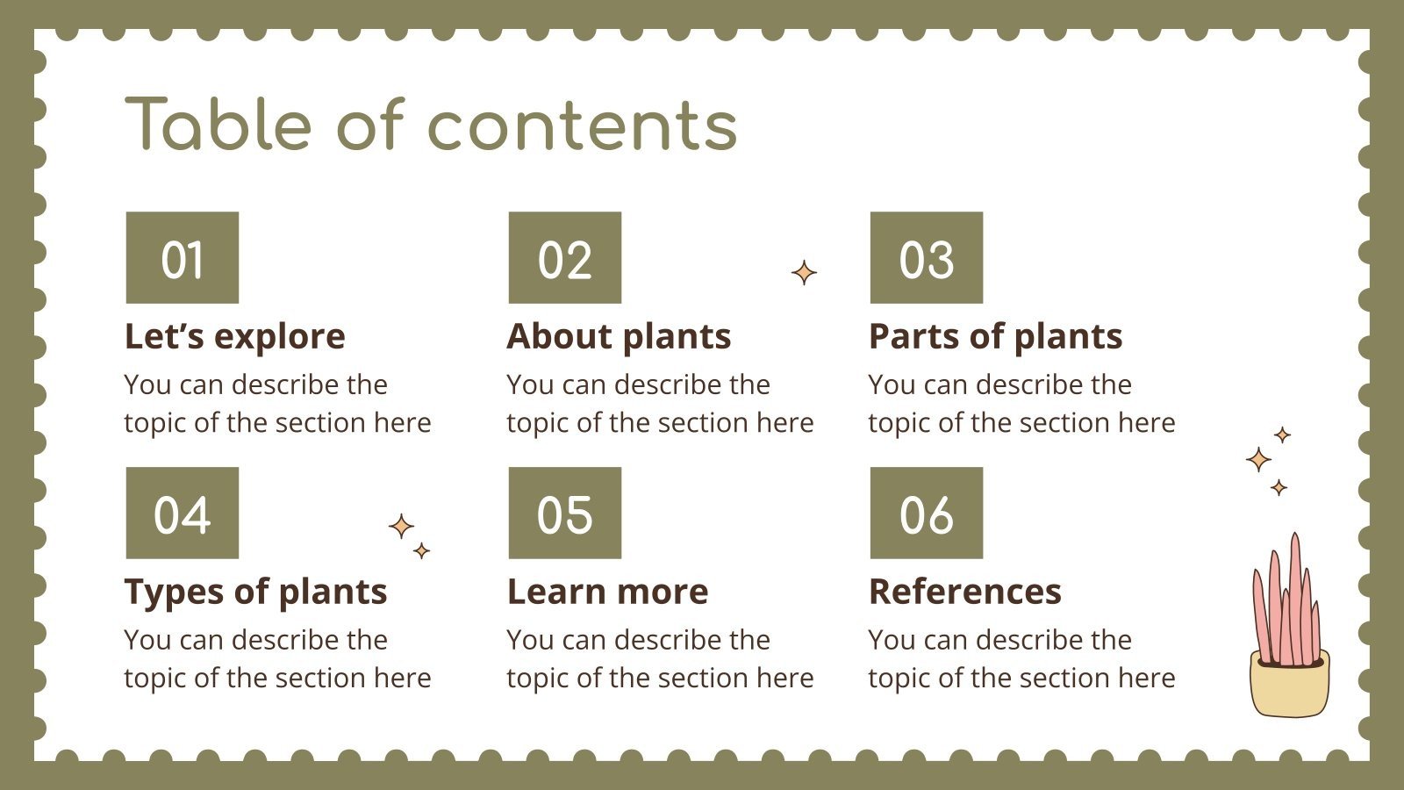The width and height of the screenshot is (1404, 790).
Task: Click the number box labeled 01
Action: (182, 258)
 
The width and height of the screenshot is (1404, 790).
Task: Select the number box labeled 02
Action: (564, 258)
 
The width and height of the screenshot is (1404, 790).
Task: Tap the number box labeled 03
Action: (926, 258)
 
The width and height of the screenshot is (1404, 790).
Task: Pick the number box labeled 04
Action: (182, 513)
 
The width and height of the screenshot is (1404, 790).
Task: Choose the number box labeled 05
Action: (564, 513)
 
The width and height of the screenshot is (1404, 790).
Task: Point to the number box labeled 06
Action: (926, 513)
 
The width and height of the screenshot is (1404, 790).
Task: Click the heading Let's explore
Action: (234, 336)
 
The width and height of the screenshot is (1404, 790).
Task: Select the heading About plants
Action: (619, 336)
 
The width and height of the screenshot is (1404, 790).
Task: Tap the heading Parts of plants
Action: (995, 336)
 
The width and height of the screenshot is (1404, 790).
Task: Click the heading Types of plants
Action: (255, 592)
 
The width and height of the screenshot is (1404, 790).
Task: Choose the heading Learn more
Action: (607, 592)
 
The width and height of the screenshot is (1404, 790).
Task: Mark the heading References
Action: (964, 592)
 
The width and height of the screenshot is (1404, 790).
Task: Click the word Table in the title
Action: (218, 125)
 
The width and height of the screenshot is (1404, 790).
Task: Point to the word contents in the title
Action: (582, 126)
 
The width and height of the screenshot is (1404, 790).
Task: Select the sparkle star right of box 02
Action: (804, 273)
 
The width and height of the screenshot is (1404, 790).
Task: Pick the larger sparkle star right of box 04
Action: (401, 527)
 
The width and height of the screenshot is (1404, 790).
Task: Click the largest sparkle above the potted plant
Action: (1258, 459)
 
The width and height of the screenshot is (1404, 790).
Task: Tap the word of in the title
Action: (369, 125)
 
